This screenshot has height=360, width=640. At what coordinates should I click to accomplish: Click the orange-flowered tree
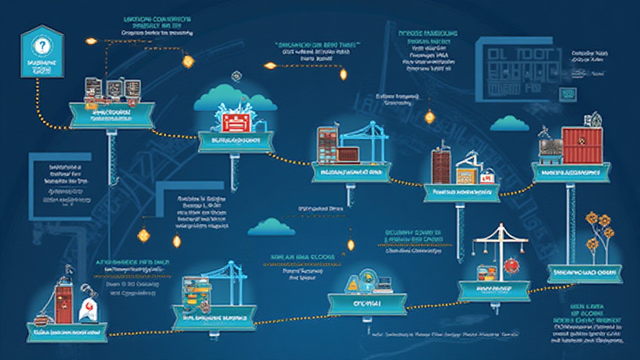[x=598, y=234]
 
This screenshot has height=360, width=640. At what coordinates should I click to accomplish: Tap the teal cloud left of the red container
[x=509, y=123]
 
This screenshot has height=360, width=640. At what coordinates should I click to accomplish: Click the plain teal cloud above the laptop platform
[x=271, y=227]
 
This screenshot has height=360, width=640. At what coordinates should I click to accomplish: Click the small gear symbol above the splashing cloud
[x=236, y=76]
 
